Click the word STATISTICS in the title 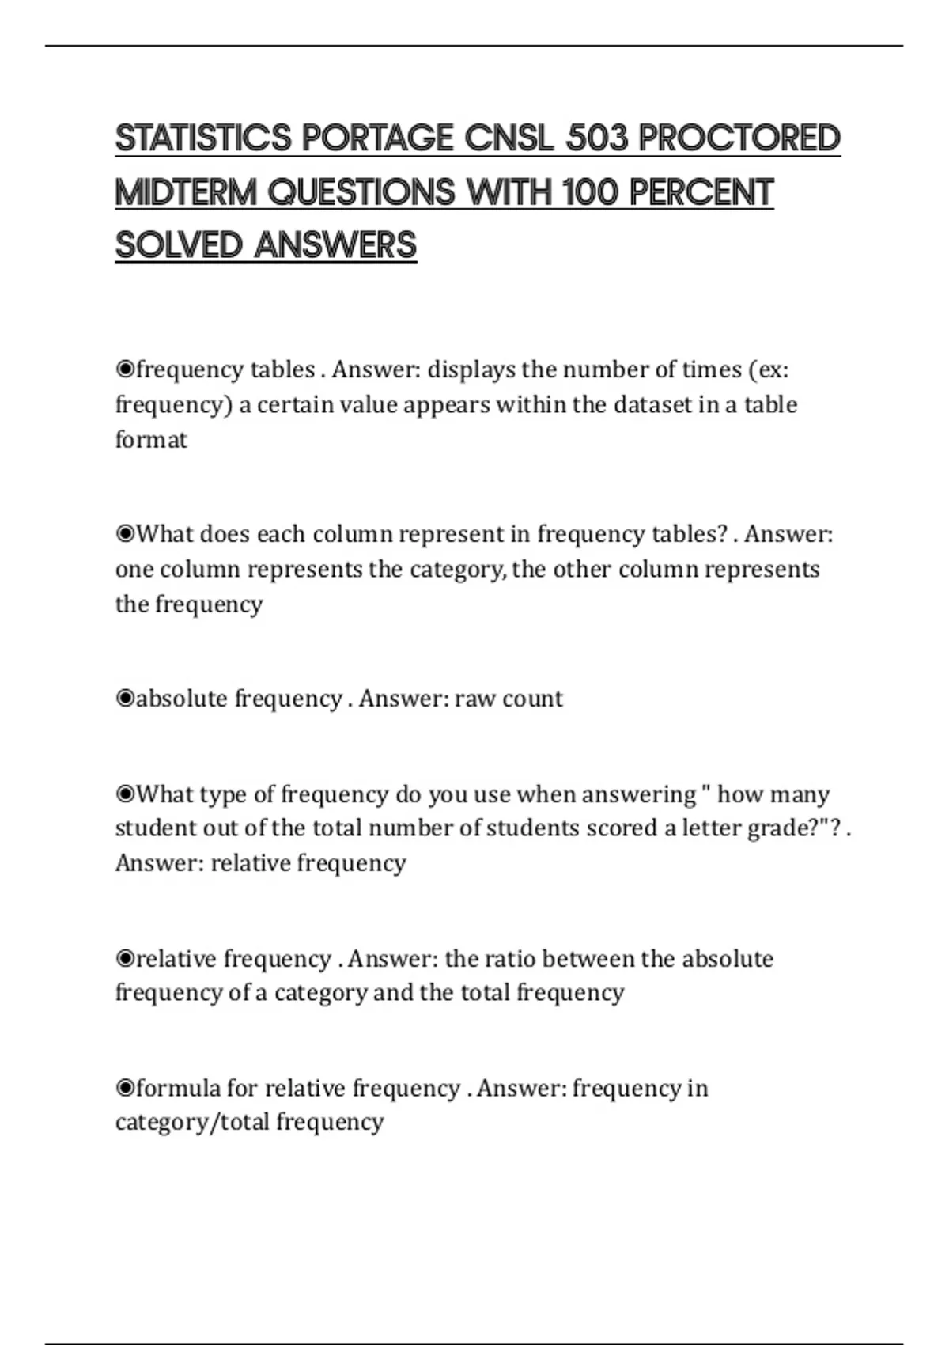click(x=204, y=138)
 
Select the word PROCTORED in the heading click(x=739, y=138)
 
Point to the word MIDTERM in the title click(x=187, y=192)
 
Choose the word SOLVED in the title click(x=179, y=245)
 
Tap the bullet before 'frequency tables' click(x=125, y=369)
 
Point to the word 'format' click(x=151, y=439)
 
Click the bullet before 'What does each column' click(x=125, y=534)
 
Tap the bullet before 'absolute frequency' click(x=125, y=699)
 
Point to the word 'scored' click(x=622, y=828)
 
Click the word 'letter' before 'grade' click(x=712, y=828)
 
